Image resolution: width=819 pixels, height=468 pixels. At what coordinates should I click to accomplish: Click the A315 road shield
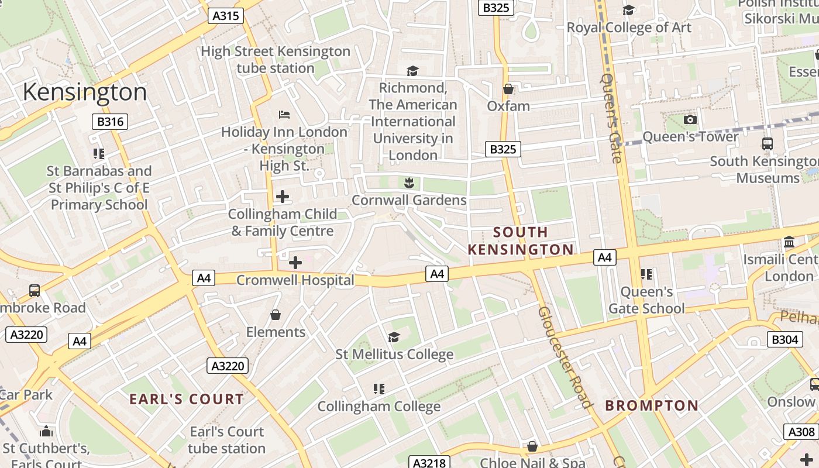click(225, 16)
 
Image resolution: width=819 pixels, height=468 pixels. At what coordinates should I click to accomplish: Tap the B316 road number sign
click(110, 122)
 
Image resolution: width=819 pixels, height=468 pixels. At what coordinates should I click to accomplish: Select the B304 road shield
click(784, 339)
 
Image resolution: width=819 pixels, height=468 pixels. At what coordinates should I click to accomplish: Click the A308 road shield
click(801, 432)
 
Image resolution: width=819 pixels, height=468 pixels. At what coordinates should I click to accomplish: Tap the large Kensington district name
click(85, 92)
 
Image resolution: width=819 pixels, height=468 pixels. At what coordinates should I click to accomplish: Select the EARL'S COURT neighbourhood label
click(187, 400)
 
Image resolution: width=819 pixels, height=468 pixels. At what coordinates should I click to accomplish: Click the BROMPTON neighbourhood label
click(652, 405)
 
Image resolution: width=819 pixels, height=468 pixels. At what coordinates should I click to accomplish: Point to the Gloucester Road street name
click(564, 357)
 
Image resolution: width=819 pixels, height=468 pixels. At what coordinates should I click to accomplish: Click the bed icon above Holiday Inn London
click(284, 114)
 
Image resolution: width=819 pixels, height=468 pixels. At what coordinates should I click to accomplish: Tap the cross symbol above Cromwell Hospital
click(295, 263)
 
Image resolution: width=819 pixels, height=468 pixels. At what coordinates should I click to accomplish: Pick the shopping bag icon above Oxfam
click(508, 89)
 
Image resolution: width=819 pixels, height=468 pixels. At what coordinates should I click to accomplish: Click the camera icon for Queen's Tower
click(690, 119)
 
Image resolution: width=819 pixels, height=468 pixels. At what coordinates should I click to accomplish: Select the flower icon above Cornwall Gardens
click(409, 183)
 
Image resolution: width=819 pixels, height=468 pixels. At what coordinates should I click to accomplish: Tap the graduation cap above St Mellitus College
click(394, 337)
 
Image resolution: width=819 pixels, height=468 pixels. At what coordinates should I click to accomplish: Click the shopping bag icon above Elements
click(276, 315)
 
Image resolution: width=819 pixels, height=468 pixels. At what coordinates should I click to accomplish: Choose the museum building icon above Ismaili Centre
click(789, 242)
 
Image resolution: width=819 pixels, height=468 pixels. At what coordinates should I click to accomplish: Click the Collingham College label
click(379, 406)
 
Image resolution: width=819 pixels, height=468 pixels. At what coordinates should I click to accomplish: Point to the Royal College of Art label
click(629, 27)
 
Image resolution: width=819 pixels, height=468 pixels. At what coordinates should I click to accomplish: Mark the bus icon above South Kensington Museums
click(767, 143)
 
